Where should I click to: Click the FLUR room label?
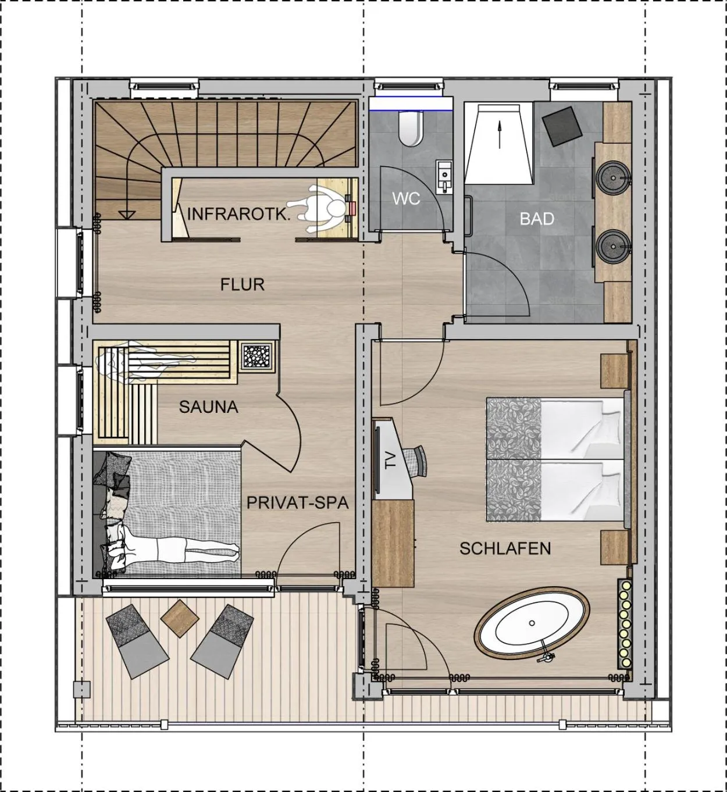pos(242,284)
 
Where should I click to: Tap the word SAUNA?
pos(208,406)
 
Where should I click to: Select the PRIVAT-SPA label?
pos(297,502)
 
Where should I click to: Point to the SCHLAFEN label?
pos(505,548)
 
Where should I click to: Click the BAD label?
pos(536,219)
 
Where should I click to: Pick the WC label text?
pos(405,198)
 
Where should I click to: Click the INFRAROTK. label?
pos(238,213)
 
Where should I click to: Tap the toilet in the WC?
pos(411,129)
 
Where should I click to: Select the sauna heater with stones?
pos(256,355)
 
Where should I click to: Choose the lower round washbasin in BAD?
pos(614,244)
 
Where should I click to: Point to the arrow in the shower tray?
pos(498,133)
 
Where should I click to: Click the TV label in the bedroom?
pos(390,459)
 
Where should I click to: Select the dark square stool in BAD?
pos(561,126)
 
